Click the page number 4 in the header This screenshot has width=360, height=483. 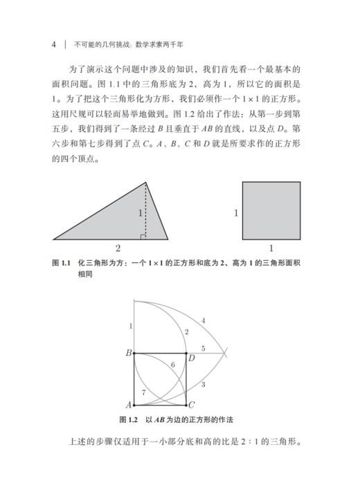pos(53,46)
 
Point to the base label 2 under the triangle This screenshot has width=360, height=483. pos(118,248)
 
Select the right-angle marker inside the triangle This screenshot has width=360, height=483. pos(143,236)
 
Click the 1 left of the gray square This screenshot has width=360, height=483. pos(235,214)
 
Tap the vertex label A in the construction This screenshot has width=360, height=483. pos(128,405)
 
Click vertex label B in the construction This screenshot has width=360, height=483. pos(128,354)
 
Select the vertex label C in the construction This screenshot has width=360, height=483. pos(192,405)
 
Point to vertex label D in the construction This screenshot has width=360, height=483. pos(192,358)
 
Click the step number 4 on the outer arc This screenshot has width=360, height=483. pos(203,320)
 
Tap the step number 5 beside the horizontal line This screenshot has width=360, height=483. pos(203,348)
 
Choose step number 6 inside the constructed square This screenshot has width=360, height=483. pos(172,364)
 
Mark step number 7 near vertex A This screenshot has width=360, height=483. pos(143,392)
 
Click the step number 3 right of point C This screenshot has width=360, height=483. pos(203,384)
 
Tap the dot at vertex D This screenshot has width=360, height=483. pos(186,354)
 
